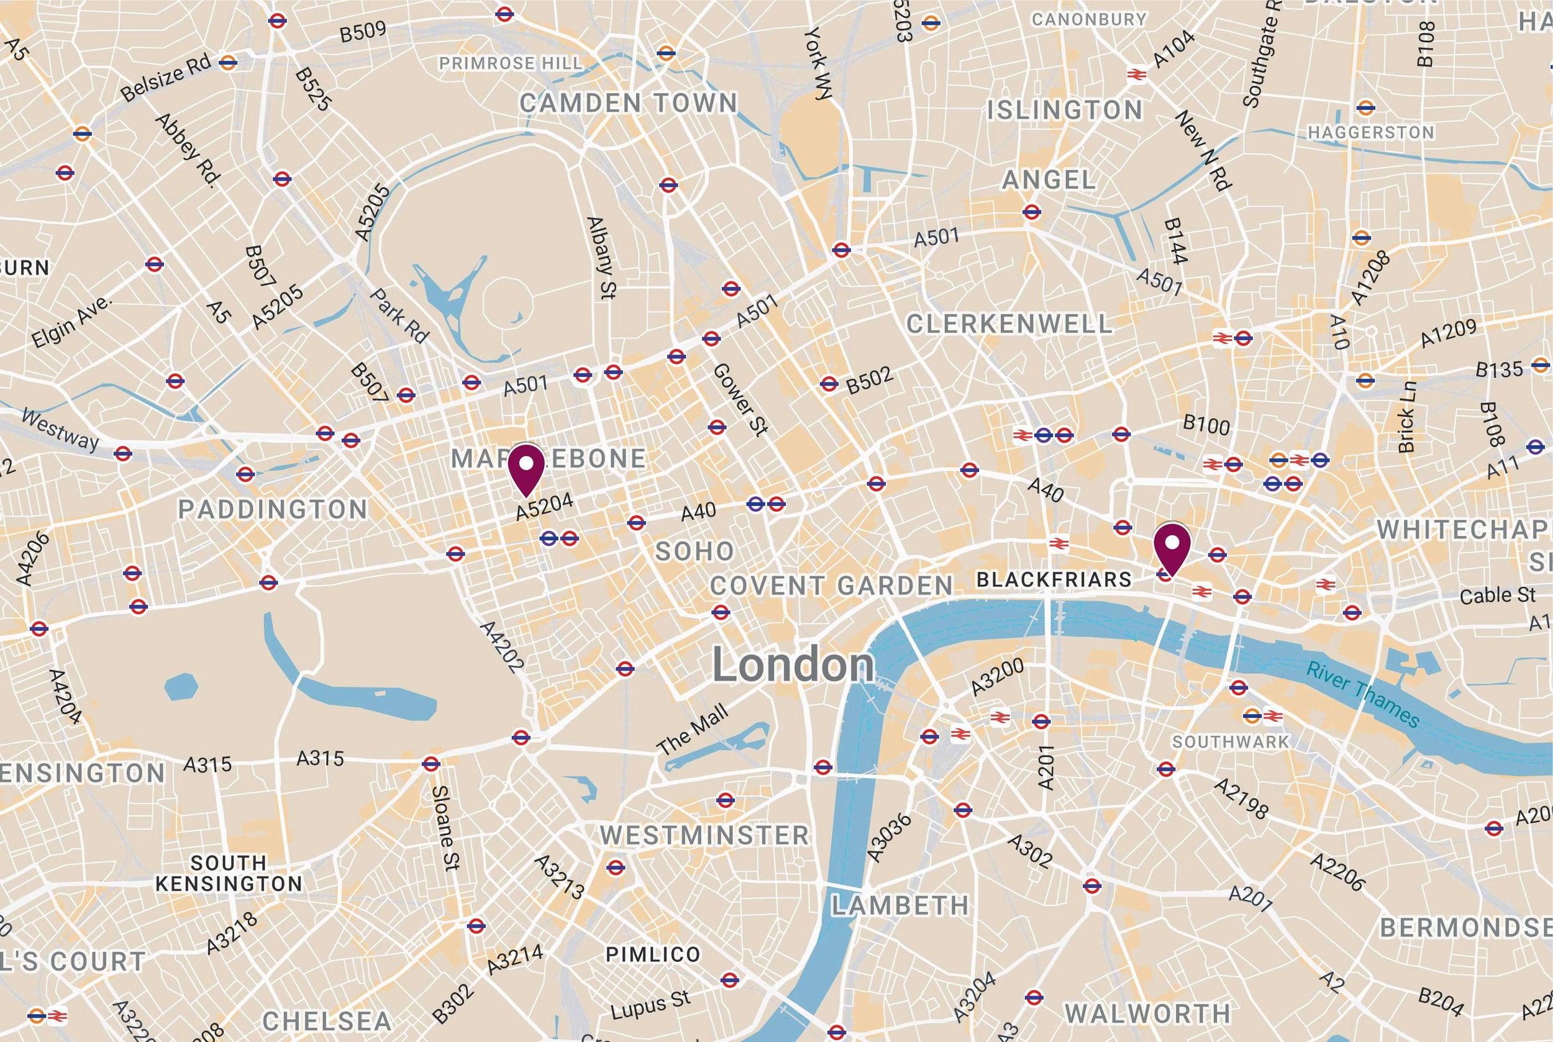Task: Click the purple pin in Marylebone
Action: click(x=526, y=468)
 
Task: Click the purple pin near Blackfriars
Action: click(x=1172, y=548)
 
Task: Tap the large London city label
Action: click(x=793, y=665)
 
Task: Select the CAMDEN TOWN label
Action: click(x=628, y=103)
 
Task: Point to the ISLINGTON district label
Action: click(x=1064, y=111)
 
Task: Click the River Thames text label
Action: click(x=1363, y=694)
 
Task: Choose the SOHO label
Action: click(x=695, y=551)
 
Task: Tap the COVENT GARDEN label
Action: click(x=832, y=586)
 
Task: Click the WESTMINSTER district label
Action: click(x=704, y=835)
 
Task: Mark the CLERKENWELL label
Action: click(x=1009, y=324)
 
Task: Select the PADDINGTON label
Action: click(x=273, y=510)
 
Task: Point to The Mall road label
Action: click(x=692, y=730)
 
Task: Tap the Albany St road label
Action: click(x=602, y=257)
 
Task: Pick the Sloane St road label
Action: click(x=445, y=828)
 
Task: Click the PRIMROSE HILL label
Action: click(x=511, y=63)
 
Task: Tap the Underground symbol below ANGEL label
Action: click(x=1031, y=212)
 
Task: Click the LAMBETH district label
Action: click(x=900, y=905)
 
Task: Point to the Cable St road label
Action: click(x=1497, y=595)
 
